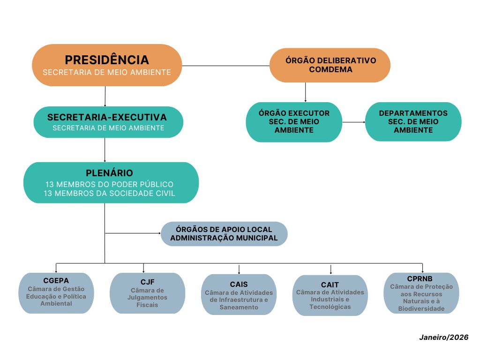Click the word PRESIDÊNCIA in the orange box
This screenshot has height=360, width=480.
click(107, 60)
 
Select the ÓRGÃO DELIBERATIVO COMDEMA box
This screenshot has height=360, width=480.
click(330, 65)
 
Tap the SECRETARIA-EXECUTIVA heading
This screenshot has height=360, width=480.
click(107, 117)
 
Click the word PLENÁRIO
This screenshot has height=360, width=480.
click(109, 173)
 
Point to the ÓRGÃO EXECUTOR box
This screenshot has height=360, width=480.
click(294, 122)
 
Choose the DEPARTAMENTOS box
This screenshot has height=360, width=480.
click(413, 122)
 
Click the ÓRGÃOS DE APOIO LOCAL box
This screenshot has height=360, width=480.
click(224, 233)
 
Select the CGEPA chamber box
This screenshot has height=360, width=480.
click(56, 292)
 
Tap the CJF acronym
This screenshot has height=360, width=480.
click(147, 282)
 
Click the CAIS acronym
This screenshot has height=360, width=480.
click(239, 284)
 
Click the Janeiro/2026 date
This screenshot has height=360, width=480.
click(443, 337)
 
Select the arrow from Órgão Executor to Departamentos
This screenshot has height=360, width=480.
click(353, 122)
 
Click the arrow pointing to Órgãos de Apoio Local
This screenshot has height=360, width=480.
click(133, 232)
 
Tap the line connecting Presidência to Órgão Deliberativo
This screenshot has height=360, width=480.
click(225, 66)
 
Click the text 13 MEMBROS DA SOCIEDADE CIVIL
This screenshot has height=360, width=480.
click(109, 194)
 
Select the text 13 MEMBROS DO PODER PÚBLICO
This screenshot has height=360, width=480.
click(109, 184)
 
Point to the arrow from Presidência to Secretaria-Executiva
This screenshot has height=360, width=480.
click(105, 96)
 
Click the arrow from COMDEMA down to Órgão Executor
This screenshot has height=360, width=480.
click(305, 92)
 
